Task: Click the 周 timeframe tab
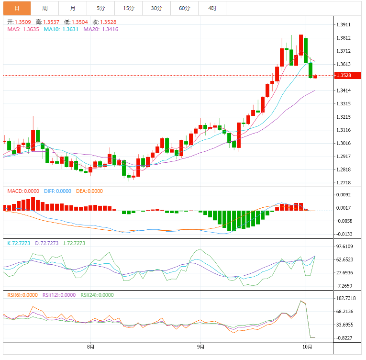pos(45,8)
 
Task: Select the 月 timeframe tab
pos(72,8)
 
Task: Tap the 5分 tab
pos(100,8)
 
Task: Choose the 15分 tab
pos(128,8)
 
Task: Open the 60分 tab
pos(184,8)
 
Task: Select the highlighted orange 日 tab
pos(17,8)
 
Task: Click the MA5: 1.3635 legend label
pos(23,29)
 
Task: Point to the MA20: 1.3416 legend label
pos(100,29)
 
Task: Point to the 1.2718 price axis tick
pos(344,183)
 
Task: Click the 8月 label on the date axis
pos(90,347)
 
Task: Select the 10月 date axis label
pos(308,347)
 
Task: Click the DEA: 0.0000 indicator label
pos(89,191)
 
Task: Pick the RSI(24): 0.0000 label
pos(97,295)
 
